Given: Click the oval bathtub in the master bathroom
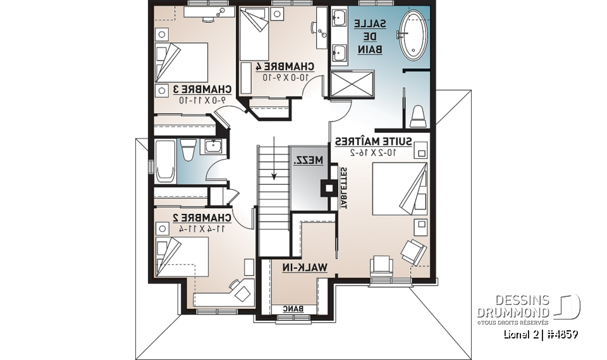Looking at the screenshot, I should tap(412, 35).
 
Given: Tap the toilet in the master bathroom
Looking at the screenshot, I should tap(417, 115).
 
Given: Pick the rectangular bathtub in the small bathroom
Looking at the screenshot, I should tap(165, 161).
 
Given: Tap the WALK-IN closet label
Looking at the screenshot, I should tap(306, 268).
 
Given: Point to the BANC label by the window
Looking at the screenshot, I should tap(292, 309).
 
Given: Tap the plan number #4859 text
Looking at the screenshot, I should tap(559, 333).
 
